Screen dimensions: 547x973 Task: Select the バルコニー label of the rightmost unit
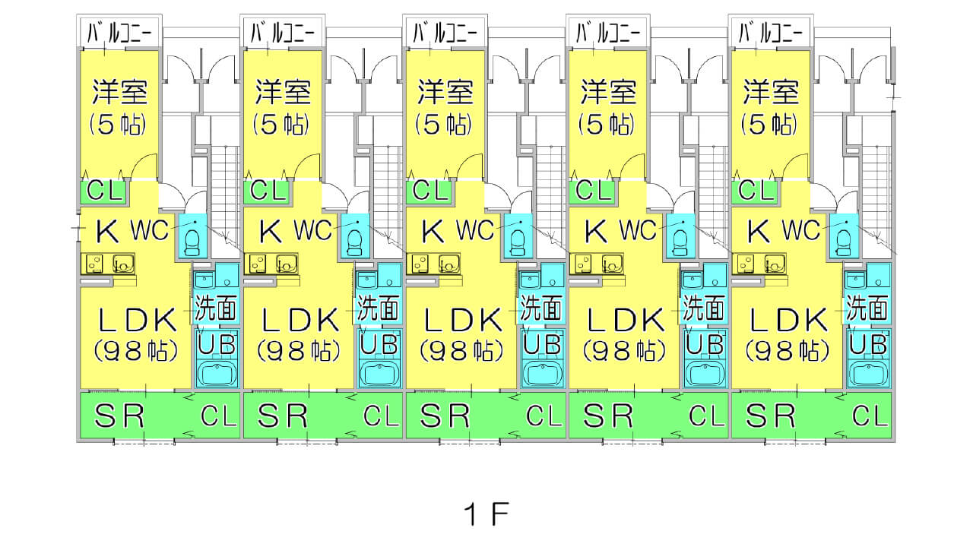771,33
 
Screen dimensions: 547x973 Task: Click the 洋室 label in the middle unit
445,92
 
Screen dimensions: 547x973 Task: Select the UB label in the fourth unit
704,344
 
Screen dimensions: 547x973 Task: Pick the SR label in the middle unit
445,416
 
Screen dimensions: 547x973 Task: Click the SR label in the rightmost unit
771,416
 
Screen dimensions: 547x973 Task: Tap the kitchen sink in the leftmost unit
123,264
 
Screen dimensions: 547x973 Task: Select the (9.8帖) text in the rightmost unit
788,350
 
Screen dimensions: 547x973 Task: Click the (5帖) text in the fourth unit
606,124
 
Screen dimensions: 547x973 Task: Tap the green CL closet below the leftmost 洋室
105,190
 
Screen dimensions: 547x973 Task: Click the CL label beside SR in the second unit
382,416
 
